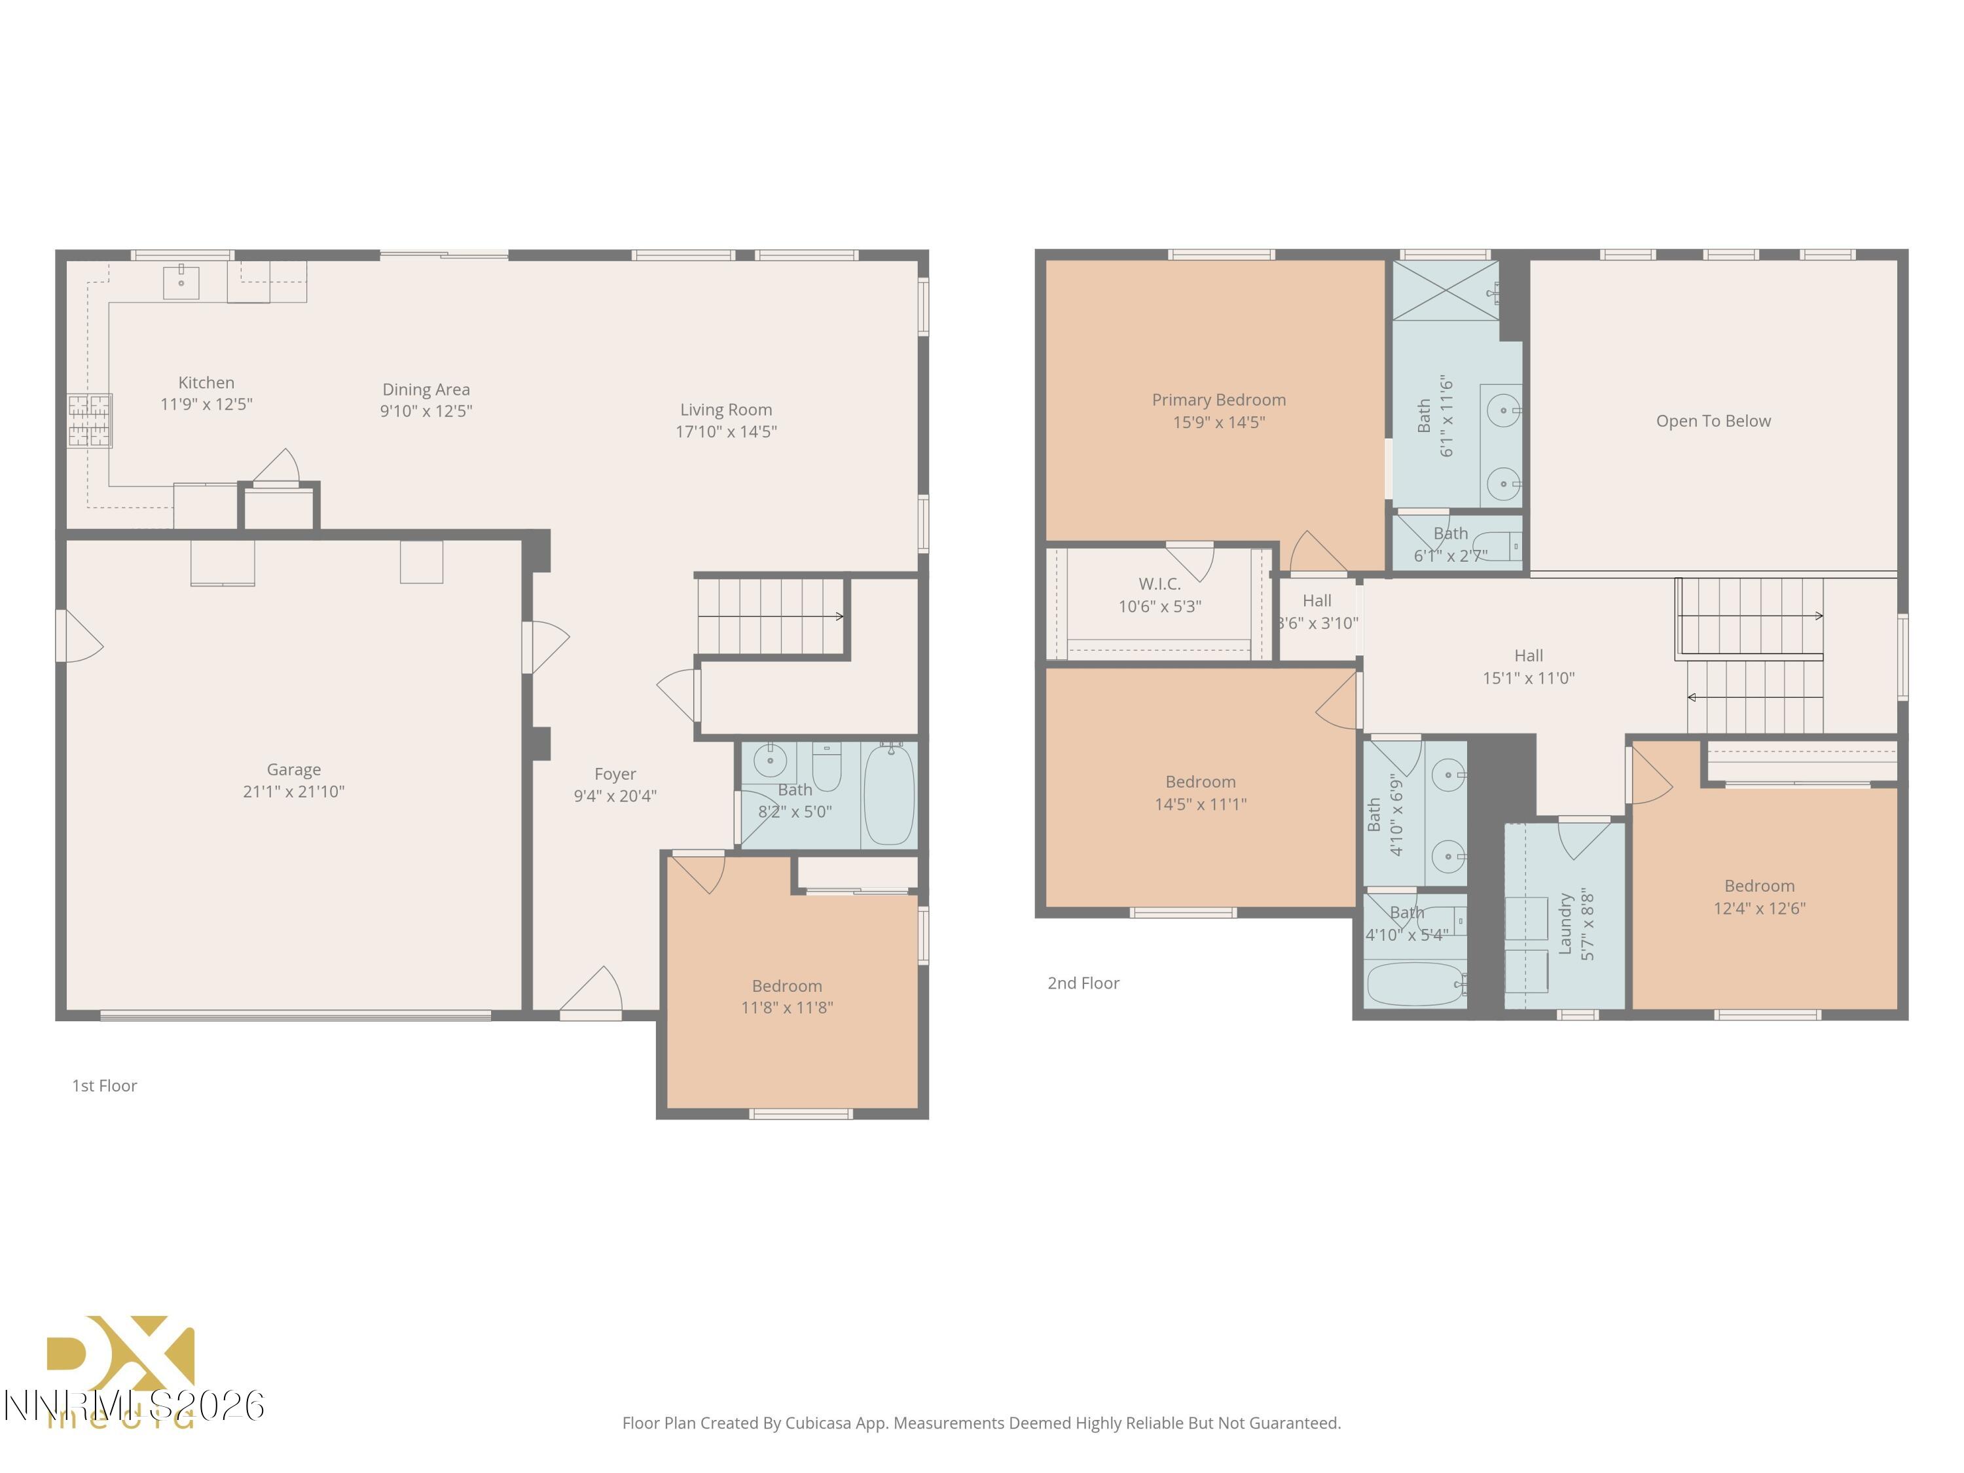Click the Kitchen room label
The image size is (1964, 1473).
(x=206, y=383)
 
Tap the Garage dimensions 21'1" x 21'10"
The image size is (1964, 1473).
(x=293, y=791)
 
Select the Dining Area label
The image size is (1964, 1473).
(x=426, y=389)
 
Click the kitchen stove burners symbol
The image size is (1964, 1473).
(x=90, y=421)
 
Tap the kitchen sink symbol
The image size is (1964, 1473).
(x=181, y=282)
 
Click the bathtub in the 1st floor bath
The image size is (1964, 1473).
(x=889, y=795)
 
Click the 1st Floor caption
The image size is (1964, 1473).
(x=105, y=1085)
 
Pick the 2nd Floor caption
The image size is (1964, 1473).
(x=1083, y=983)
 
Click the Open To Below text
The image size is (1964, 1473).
(x=1713, y=421)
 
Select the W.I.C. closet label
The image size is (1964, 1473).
(x=1159, y=584)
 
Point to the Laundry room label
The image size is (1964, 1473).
(x=1565, y=923)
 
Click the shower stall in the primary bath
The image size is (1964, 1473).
(x=1445, y=289)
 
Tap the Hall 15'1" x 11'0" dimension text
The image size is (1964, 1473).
(x=1528, y=678)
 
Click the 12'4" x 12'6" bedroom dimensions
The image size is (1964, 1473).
(x=1759, y=908)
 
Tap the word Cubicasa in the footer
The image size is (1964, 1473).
(x=818, y=1423)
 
